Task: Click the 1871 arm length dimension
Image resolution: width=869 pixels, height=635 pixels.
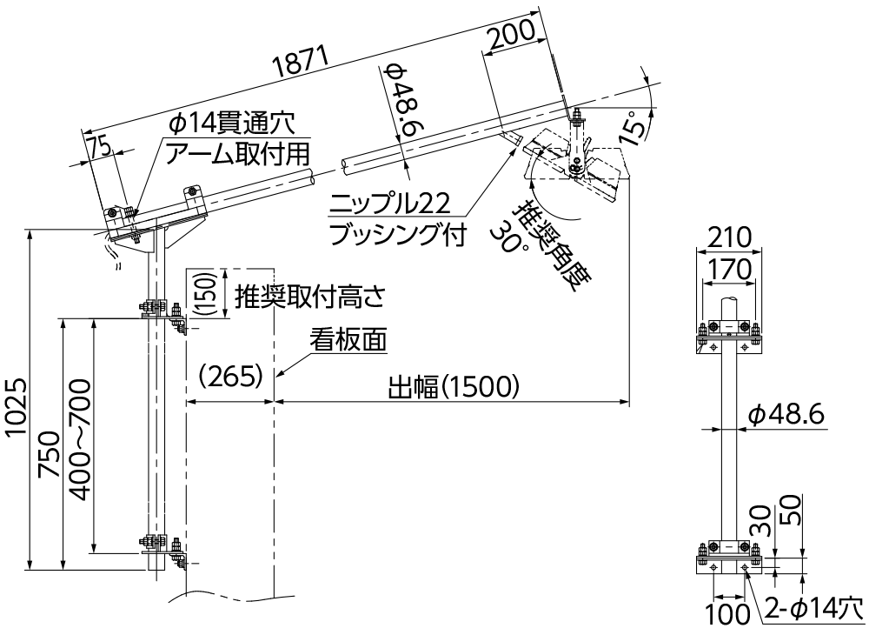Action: [x=301, y=67]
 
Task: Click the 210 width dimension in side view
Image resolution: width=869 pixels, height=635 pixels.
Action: [x=728, y=236]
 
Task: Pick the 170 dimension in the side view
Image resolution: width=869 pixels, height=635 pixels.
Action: [x=728, y=270]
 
